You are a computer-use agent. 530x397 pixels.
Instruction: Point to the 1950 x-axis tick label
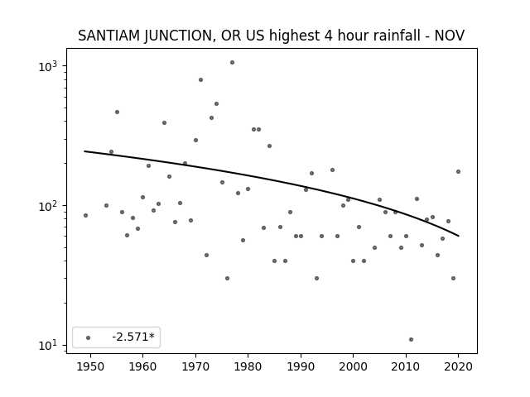pos(90,366)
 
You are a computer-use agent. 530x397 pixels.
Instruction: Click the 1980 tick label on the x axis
pos(248,366)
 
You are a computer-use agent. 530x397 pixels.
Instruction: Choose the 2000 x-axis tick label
pos(353,366)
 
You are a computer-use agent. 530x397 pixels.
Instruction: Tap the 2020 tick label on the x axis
pos(458,366)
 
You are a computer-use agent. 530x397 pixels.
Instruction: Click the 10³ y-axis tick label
pos(48,66)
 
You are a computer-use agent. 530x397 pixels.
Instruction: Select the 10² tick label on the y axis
pos(48,206)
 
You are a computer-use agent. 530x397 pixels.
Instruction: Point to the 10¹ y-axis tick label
pos(48,346)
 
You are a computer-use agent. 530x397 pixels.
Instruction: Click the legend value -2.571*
pos(133,337)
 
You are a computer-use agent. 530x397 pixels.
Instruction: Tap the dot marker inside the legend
pos(89,337)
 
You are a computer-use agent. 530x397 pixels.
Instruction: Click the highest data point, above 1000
pos(232,63)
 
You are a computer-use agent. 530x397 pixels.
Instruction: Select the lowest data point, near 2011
pos(411,340)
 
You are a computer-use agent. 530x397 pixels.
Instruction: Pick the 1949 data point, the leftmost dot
pos(85,215)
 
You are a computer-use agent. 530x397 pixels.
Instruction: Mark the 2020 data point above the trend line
pos(458,171)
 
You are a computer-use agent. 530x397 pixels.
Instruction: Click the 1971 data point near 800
pos(200,79)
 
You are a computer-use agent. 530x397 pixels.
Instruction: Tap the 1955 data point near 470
pos(117,112)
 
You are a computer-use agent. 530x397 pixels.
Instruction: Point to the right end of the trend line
pos(459,236)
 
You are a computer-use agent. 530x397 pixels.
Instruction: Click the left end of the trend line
pos(84,151)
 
